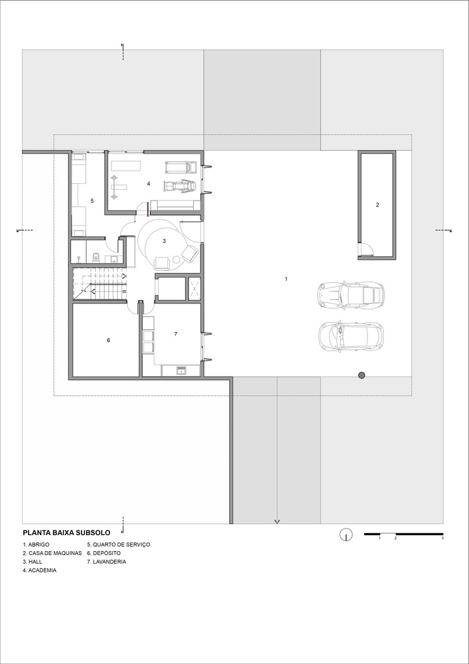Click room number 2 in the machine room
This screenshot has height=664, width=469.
click(x=377, y=205)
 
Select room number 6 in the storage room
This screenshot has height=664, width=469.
click(x=109, y=340)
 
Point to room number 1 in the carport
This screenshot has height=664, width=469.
click(x=287, y=279)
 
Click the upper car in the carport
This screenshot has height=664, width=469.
click(x=351, y=294)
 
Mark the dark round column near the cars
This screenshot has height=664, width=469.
click(x=362, y=374)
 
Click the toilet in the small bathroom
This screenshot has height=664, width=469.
click(x=96, y=256)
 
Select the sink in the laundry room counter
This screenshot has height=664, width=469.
click(x=182, y=371)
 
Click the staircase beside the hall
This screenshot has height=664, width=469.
click(x=100, y=283)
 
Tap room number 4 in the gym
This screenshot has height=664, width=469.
click(x=149, y=184)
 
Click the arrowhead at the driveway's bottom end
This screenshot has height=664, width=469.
click(x=277, y=522)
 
